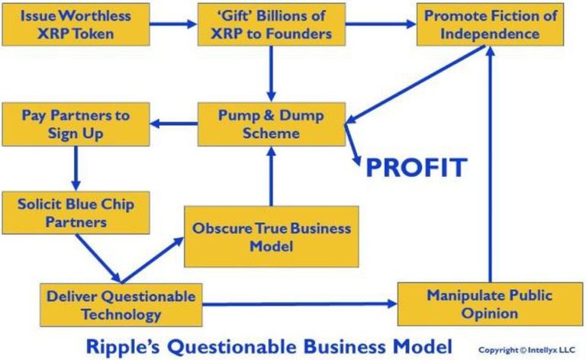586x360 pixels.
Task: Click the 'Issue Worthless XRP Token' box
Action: click(76, 24)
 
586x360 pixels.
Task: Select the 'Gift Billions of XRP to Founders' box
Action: click(272, 24)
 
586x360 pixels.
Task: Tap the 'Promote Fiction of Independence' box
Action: click(490, 24)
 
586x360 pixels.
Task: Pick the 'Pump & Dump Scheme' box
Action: click(272, 124)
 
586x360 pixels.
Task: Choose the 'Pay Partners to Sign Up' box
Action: click(76, 124)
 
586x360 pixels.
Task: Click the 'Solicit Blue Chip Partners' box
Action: click(76, 213)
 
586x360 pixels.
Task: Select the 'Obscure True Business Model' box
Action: click(272, 236)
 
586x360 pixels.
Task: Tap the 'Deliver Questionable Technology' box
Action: click(121, 305)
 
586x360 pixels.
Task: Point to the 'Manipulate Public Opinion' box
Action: click(490, 304)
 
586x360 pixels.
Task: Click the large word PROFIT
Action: click(417, 167)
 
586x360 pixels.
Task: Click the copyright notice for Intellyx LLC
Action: click(527, 350)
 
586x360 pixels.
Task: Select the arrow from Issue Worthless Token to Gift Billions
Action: click(173, 24)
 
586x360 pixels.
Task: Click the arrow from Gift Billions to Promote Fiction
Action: click(381, 24)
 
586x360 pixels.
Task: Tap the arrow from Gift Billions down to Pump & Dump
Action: click(272, 74)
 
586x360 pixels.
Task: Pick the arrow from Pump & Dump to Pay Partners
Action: click(174, 124)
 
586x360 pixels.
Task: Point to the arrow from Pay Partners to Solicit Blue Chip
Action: click(76, 169)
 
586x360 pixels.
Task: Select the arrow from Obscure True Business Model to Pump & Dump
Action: click(272, 176)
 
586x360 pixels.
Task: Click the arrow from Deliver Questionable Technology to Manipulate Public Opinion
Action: click(300, 304)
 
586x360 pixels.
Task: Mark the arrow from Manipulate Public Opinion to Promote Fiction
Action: click(491, 164)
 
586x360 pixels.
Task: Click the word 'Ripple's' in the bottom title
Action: click(123, 347)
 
